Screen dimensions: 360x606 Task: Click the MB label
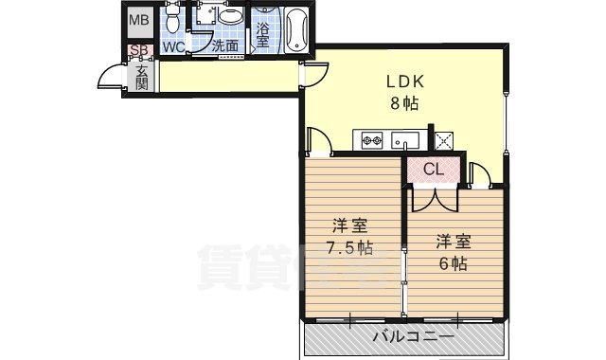pyautogui.click(x=139, y=20)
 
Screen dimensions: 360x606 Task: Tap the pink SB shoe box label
pyautogui.click(x=138, y=50)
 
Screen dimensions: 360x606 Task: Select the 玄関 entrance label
pyautogui.click(x=141, y=78)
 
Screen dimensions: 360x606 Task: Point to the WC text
pyautogui.click(x=172, y=46)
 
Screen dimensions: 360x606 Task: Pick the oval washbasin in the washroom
pyautogui.click(x=229, y=17)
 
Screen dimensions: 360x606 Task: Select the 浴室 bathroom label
pyautogui.click(x=263, y=34)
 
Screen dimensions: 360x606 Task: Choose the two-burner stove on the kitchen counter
pyautogui.click(x=368, y=142)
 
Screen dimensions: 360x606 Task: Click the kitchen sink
pyautogui.click(x=406, y=142)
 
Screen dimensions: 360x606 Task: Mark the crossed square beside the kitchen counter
pyautogui.click(x=445, y=140)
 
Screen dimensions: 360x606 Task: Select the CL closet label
pyautogui.click(x=434, y=170)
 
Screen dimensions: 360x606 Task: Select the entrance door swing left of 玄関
pyautogui.click(x=114, y=80)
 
